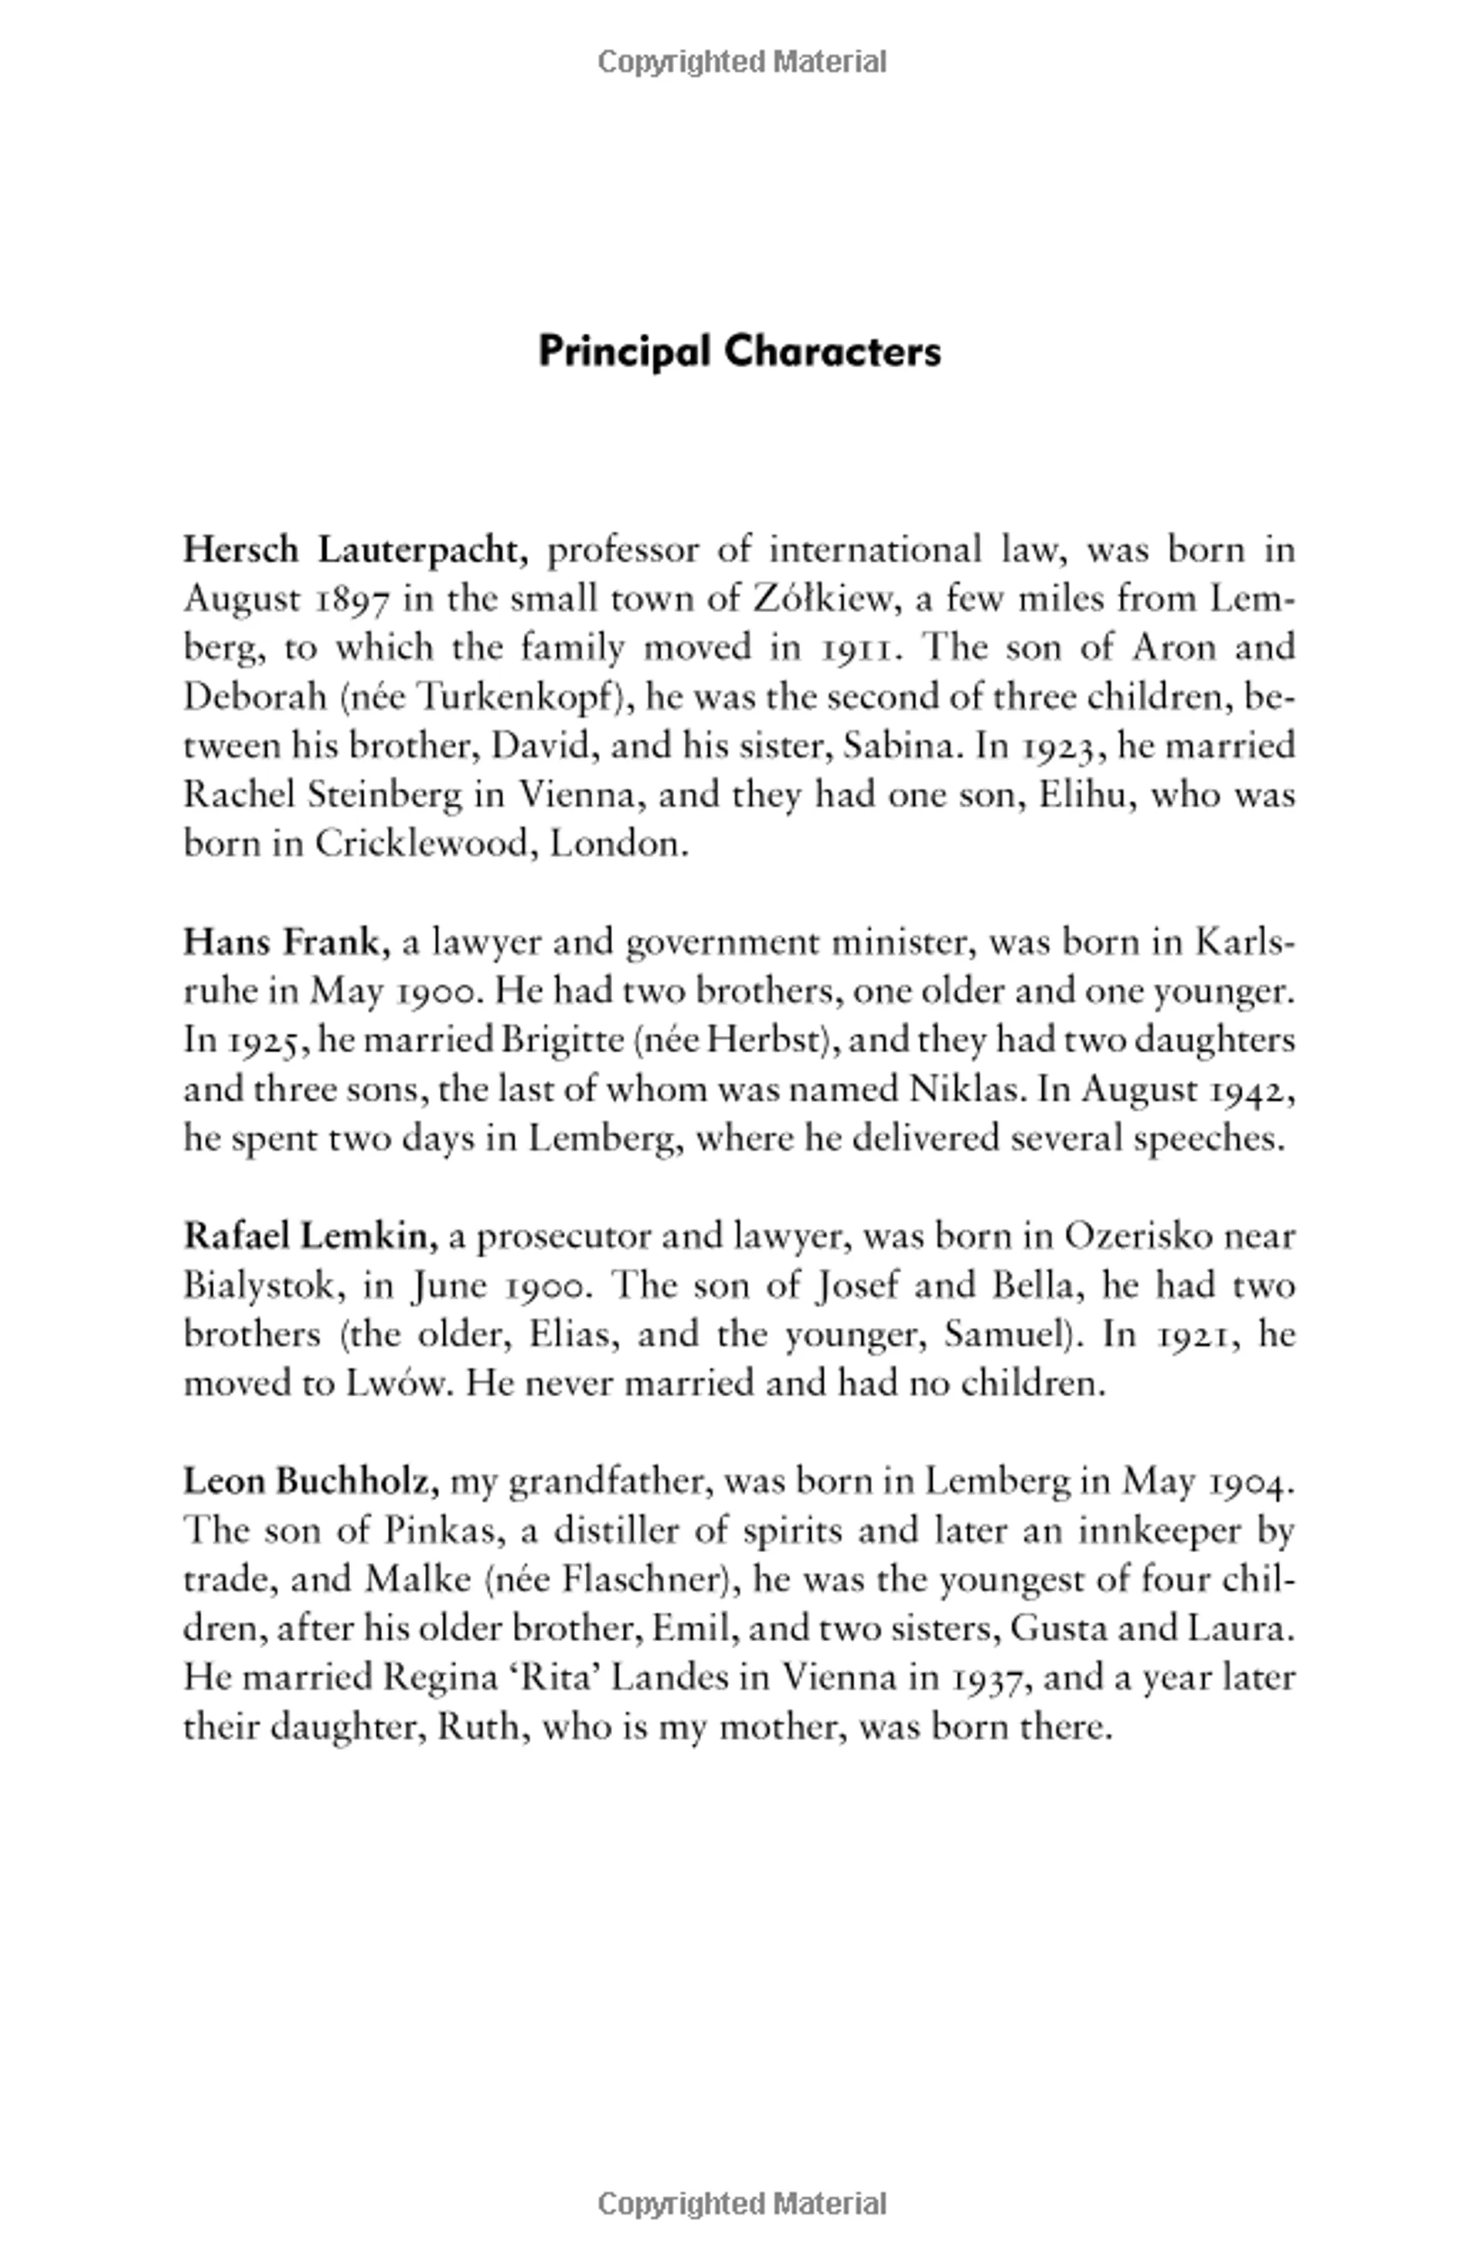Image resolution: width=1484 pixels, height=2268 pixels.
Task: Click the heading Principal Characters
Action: [x=740, y=352]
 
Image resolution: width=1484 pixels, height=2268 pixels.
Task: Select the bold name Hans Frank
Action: [x=286, y=942]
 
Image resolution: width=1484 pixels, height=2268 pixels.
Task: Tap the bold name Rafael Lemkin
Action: [x=310, y=1237]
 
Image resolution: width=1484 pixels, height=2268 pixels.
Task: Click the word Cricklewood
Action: [x=420, y=844]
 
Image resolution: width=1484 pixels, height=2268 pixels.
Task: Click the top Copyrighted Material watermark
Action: [x=741, y=63]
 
